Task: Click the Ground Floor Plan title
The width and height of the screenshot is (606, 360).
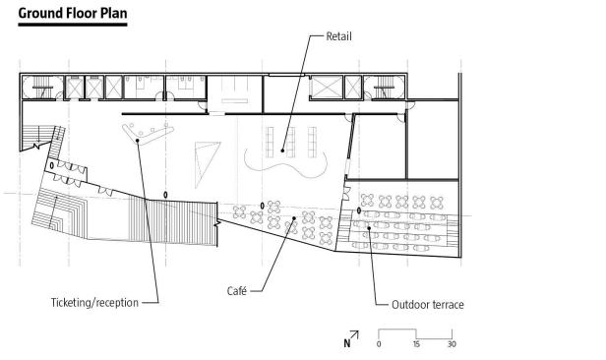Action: coord(73,13)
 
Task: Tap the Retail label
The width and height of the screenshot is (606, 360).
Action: coord(339,36)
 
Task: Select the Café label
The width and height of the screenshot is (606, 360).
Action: coord(236,290)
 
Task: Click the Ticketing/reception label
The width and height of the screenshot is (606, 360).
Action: coord(94,302)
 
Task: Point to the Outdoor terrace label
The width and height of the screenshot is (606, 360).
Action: coord(427,305)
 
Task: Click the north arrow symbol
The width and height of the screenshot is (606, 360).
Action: coord(351,339)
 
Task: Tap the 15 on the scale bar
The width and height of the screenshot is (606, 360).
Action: coord(416,344)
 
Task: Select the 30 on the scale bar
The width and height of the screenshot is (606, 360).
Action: coord(452,344)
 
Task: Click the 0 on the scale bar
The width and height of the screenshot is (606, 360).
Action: coord(379,344)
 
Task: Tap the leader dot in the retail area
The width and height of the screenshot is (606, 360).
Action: coord(282,150)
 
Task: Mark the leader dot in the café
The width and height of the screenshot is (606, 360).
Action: coord(294,218)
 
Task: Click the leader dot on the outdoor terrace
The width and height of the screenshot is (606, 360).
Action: coord(369,228)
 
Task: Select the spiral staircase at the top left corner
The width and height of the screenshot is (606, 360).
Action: coord(42,88)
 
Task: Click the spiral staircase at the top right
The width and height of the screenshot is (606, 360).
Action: coord(385,88)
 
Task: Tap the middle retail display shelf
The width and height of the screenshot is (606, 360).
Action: coord(290,142)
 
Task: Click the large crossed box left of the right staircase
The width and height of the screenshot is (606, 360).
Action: coord(327,88)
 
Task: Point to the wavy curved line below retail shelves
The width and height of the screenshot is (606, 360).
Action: coord(285,165)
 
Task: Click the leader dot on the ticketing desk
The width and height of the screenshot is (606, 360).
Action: coord(137,141)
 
